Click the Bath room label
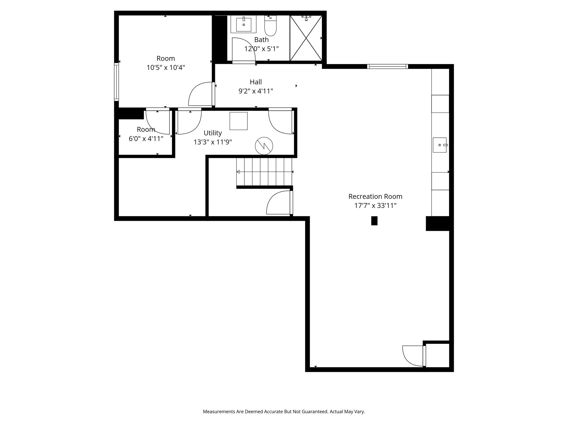pyautogui.click(x=261, y=40)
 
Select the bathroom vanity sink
pyautogui.click(x=244, y=25)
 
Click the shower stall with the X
pyautogui.click(x=306, y=38)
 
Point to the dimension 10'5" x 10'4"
pyautogui.click(x=166, y=67)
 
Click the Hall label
pyautogui.click(x=256, y=82)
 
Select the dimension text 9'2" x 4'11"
pyautogui.click(x=256, y=91)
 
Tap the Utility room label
pyautogui.click(x=213, y=133)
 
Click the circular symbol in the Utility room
pyautogui.click(x=264, y=146)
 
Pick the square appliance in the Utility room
pyautogui.click(x=239, y=121)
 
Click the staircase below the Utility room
pyautogui.click(x=264, y=172)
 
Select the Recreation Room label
pyautogui.click(x=375, y=197)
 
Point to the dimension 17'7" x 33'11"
pyautogui.click(x=375, y=206)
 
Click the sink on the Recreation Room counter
pyautogui.click(x=440, y=145)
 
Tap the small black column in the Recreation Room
pyautogui.click(x=374, y=221)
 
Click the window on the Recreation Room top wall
pyautogui.click(x=387, y=66)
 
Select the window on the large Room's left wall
pyautogui.click(x=116, y=82)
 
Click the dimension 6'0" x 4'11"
pyautogui.click(x=146, y=139)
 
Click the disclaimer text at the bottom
pyautogui.click(x=284, y=412)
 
